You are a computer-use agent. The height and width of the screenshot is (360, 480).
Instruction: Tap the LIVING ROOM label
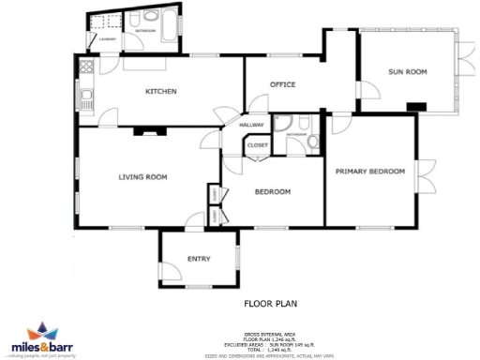coord(142,176)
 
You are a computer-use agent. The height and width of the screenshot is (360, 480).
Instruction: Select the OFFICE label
coord(282,84)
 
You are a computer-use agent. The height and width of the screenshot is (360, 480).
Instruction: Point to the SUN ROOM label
coord(409,71)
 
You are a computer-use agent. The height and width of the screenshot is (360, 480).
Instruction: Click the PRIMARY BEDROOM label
coord(370,171)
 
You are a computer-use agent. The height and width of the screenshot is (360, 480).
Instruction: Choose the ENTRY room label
coord(199,259)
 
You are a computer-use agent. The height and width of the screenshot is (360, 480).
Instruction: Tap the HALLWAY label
coord(251,125)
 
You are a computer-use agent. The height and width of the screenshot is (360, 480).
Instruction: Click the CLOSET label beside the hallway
coord(257,145)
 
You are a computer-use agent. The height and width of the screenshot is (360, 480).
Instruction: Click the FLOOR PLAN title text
coord(271,304)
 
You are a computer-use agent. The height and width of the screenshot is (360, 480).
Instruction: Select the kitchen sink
coord(85,95)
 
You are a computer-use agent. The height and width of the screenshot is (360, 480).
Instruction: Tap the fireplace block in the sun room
coord(416,106)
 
